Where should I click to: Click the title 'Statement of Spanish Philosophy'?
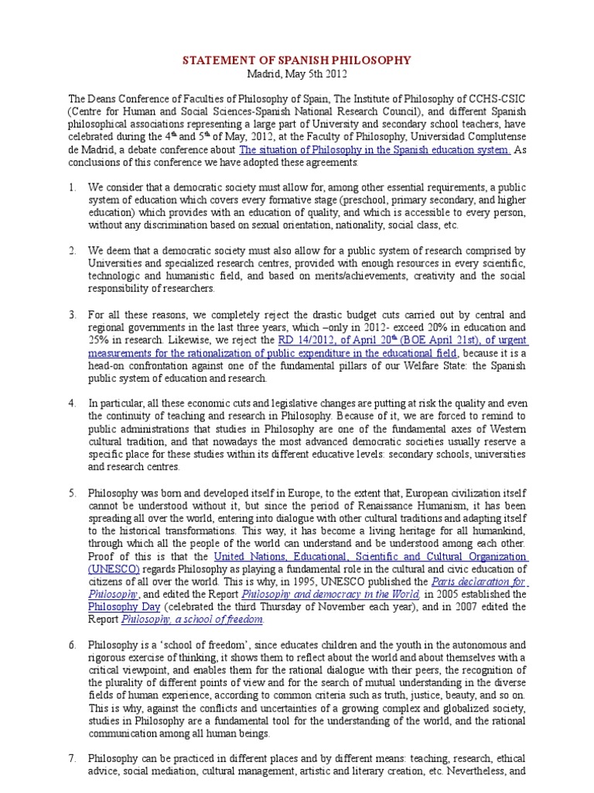[296, 60]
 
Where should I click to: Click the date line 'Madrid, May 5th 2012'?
[296, 74]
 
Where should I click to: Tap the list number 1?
[72, 187]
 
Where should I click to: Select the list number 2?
[72, 251]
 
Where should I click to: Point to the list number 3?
[72, 315]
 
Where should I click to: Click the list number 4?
[72, 403]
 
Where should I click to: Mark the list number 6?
[72, 645]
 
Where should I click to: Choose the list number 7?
[72, 758]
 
